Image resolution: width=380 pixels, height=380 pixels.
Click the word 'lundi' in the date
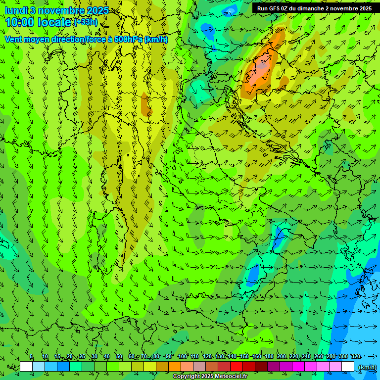pos(16,10)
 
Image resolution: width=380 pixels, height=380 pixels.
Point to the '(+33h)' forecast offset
pos(86,22)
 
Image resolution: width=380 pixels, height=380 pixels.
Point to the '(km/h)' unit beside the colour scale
pos(367,367)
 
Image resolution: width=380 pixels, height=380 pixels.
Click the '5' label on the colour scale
pos(31,357)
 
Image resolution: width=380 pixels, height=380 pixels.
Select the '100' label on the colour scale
pos(183,357)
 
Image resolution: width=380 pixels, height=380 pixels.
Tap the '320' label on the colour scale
pos(356,357)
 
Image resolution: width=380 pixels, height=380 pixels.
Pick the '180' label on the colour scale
pos(269,357)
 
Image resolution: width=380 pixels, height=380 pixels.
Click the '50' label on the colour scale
pos(119,357)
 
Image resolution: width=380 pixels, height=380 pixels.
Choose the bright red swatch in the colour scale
pos(237,367)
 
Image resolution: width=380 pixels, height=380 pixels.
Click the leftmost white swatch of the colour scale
pos(26,367)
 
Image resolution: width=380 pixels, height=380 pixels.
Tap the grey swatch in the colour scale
pos(199,367)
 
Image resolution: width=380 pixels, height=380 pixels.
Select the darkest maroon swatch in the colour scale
pos(261,367)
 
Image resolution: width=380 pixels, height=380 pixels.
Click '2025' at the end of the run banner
pos(365,8)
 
